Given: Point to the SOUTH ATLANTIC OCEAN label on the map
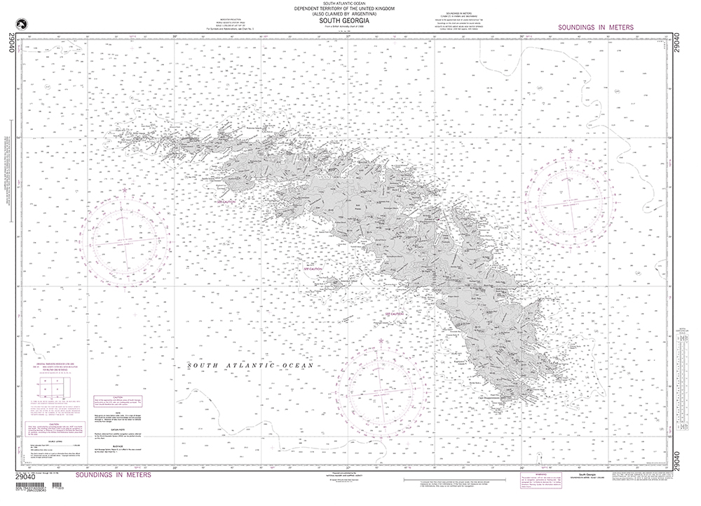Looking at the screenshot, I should pyautogui.click(x=250, y=366).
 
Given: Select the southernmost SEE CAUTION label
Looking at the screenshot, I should pyautogui.click(x=394, y=314).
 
